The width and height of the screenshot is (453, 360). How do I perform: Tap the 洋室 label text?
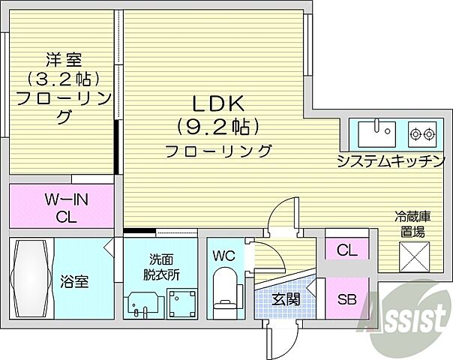[64, 58]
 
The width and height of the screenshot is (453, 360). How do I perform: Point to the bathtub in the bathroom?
[30, 277]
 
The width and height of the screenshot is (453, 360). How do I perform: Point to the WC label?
[223, 256]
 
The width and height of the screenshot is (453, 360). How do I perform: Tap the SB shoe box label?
[346, 299]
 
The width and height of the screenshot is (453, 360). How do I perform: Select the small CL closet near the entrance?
[346, 249]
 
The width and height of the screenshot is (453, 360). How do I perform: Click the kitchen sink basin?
[376, 134]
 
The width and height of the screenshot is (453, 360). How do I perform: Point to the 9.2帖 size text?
[218, 125]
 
